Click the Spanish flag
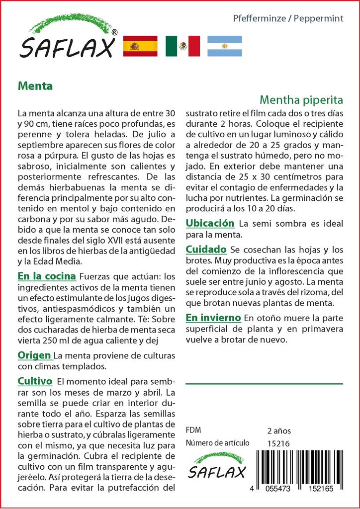click(140, 46)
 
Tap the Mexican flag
click(182, 46)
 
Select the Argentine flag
click(224, 46)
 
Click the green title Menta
click(35, 85)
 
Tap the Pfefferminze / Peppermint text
click(288, 19)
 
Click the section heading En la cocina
click(47, 276)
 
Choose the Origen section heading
click(34, 355)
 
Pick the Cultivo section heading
click(35, 381)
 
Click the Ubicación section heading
click(209, 223)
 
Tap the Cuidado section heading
click(206, 249)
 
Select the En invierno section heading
click(213, 318)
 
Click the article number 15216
click(278, 444)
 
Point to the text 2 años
click(279, 431)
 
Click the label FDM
click(193, 430)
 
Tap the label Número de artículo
click(218, 443)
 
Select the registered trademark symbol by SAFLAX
click(114, 32)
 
